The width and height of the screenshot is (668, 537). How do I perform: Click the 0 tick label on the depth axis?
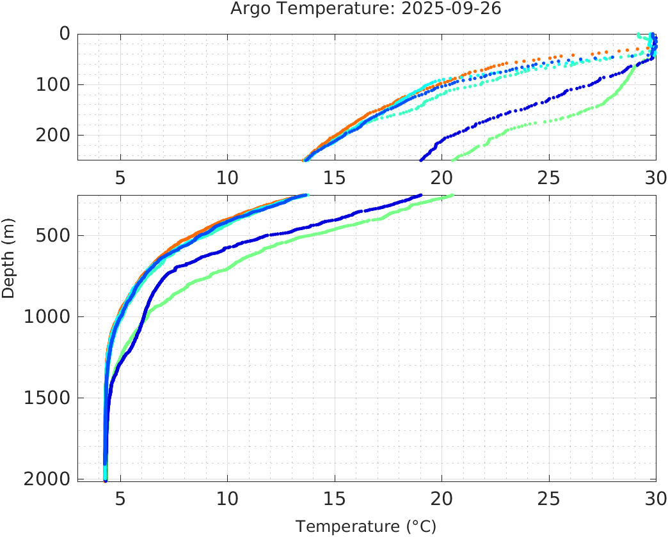(x=65, y=34)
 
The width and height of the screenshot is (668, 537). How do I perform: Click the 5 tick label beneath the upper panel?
(x=120, y=177)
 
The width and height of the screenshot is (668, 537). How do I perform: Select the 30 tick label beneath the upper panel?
(x=655, y=177)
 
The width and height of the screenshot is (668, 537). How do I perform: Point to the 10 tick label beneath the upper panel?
(x=227, y=177)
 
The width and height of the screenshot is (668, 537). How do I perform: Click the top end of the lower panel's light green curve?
(x=452, y=196)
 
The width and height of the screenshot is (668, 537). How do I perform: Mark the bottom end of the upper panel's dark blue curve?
(x=420, y=160)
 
